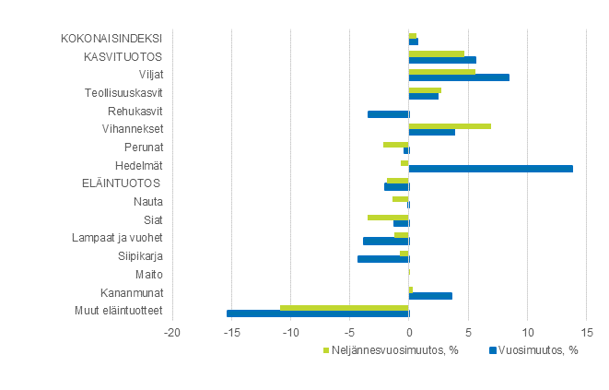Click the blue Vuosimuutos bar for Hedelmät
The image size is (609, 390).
click(490, 169)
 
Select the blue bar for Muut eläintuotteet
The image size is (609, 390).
click(318, 313)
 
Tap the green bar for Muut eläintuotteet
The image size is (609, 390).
click(344, 307)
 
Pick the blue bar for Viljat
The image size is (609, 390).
click(459, 77)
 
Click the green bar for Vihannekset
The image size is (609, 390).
click(450, 125)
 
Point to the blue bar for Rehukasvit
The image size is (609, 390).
click(388, 114)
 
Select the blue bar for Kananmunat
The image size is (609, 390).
click(430, 296)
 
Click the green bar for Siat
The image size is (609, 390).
click(388, 217)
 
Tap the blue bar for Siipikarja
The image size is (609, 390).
click(383, 259)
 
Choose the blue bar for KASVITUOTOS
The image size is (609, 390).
click(442, 60)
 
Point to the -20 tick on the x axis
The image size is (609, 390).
click(171, 331)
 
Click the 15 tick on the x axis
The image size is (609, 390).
click(587, 331)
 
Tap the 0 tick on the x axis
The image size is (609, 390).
click(409, 331)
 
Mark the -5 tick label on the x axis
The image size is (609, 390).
click(349, 331)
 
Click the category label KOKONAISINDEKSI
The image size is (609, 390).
click(111, 39)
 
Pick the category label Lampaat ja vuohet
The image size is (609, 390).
click(118, 237)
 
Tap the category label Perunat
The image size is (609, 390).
click(144, 147)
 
